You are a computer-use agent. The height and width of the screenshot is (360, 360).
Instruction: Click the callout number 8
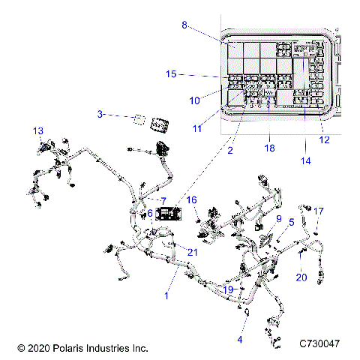[184, 25]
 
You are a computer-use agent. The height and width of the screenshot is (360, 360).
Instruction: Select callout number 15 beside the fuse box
[171, 74]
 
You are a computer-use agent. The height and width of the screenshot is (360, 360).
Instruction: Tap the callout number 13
[38, 130]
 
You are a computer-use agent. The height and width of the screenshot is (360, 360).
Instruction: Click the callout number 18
[269, 148]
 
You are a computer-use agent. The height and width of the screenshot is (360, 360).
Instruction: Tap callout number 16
[192, 199]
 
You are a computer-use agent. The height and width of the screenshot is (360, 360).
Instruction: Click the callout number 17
[319, 211]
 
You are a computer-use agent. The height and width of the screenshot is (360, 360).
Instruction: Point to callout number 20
[301, 277]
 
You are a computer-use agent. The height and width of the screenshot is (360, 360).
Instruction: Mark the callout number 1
[166, 296]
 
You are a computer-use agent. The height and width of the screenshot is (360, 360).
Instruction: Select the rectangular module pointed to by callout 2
[167, 214]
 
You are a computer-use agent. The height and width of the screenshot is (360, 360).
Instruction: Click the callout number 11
[197, 129]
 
